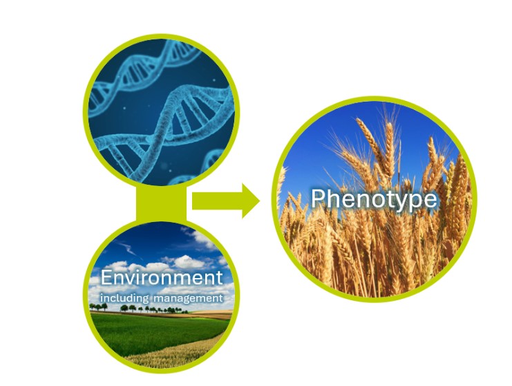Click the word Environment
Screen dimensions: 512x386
162,277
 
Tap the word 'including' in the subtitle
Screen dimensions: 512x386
124,298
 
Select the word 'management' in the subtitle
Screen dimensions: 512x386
188,298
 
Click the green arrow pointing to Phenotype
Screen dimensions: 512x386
226,201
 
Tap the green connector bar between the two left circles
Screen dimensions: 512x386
161,203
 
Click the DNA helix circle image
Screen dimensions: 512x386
161,111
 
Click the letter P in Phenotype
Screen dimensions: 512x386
318,198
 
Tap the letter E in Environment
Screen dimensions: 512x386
107,277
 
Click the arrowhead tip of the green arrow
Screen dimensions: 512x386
260,201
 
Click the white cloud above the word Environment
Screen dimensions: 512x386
188,262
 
